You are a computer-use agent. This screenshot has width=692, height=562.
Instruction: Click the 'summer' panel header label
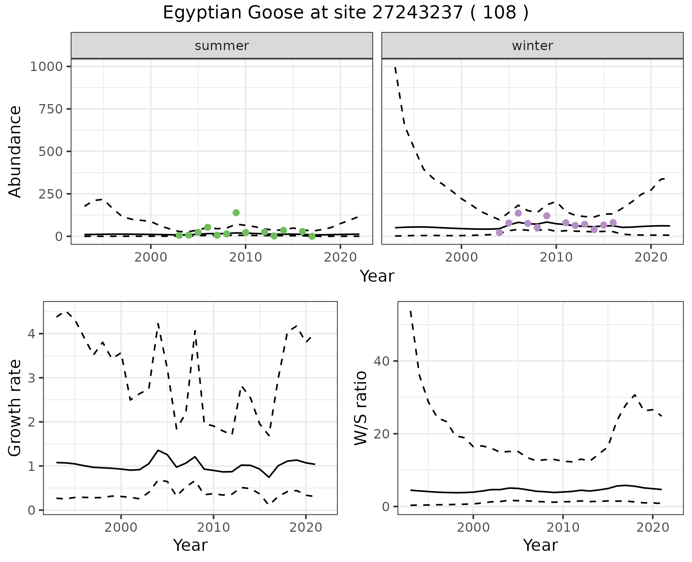coord(222,46)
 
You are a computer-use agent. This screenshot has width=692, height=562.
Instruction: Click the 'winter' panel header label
coord(532,46)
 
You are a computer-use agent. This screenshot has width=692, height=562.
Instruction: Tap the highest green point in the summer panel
coord(236,213)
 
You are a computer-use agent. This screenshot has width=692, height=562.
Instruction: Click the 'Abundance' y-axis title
coord(15,152)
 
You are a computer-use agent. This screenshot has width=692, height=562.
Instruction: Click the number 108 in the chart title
coord(499,13)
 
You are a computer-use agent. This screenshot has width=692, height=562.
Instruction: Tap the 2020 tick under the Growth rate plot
coord(306,527)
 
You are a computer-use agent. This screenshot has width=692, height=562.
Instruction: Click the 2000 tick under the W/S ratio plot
coord(473,527)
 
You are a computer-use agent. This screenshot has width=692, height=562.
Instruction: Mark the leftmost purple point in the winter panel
coord(499,233)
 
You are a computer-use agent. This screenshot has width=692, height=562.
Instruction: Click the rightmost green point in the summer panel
coord(312,236)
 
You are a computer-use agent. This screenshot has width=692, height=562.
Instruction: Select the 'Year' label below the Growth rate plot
coord(190,545)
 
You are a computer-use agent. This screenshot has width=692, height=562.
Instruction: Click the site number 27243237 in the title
coord(417,13)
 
